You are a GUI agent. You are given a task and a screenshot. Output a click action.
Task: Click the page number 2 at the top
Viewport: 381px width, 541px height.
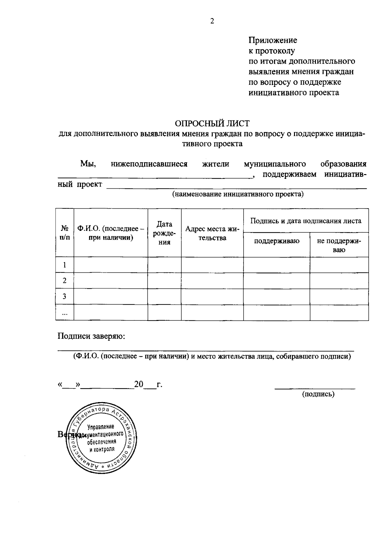(x=212, y=21)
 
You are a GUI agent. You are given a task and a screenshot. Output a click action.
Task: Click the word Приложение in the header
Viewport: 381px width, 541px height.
(x=272, y=40)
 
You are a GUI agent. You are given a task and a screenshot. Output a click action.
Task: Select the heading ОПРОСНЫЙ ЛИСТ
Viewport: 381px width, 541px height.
(x=212, y=123)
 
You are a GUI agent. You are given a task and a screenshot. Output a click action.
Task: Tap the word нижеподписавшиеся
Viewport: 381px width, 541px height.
(x=149, y=164)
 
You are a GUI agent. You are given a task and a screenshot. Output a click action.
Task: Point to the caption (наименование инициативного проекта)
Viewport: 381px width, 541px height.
(x=238, y=194)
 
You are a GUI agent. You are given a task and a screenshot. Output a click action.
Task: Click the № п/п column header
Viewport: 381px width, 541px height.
(x=65, y=232)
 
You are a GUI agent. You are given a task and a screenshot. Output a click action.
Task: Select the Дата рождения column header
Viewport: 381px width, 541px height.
(x=164, y=233)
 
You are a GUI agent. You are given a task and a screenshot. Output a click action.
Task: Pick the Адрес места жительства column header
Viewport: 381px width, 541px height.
(x=212, y=233)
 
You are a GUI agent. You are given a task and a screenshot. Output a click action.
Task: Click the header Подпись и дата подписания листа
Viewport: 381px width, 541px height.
(x=306, y=221)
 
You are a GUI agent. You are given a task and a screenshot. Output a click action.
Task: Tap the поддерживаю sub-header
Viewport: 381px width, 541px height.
(x=277, y=241)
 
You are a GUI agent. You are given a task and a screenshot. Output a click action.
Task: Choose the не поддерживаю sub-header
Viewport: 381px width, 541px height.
(x=339, y=245)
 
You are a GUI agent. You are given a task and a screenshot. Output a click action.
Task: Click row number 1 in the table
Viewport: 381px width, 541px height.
(x=65, y=265)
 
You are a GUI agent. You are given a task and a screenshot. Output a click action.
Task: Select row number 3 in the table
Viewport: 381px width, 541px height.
(x=65, y=297)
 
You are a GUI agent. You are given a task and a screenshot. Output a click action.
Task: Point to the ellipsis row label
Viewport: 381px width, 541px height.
(x=65, y=313)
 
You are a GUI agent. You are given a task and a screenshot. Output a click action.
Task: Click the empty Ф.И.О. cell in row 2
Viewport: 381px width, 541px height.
(x=111, y=281)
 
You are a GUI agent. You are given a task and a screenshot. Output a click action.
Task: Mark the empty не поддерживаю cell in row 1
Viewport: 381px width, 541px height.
(x=339, y=265)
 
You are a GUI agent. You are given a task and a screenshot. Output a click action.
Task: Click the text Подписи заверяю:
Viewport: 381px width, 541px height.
(x=91, y=336)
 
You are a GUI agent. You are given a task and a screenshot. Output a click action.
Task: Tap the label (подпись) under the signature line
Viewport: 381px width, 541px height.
(x=318, y=394)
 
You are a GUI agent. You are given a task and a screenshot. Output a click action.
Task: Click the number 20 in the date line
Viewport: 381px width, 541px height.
(x=139, y=384)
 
